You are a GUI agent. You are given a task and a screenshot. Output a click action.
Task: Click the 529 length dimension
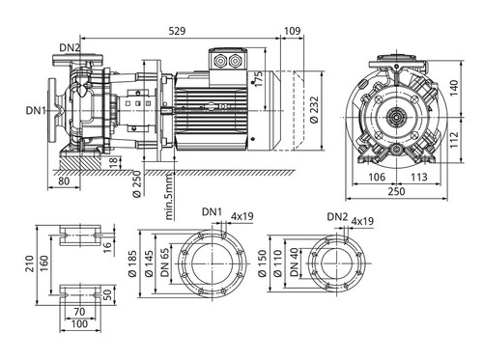(177, 31)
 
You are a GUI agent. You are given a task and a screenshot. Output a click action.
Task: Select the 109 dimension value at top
(293, 31)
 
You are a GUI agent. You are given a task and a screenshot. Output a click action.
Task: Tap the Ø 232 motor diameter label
(314, 110)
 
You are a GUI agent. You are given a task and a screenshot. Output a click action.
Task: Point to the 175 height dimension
(258, 78)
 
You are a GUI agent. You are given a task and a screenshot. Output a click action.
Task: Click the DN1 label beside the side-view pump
(36, 111)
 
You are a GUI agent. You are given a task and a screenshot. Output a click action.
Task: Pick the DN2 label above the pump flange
(70, 47)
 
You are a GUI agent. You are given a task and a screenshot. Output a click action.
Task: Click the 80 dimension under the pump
(64, 181)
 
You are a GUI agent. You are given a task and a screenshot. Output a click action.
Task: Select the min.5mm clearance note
(169, 196)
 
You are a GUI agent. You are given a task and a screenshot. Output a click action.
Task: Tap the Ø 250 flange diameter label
(136, 183)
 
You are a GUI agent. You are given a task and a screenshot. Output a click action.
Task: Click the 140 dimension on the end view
(454, 88)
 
